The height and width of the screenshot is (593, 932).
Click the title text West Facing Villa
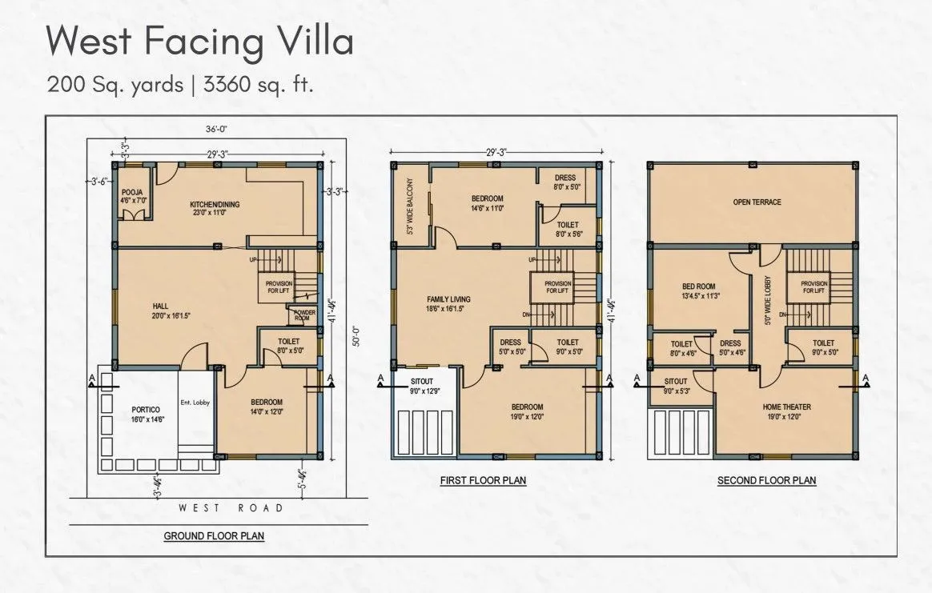(199, 40)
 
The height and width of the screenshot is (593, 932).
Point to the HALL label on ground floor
(160, 306)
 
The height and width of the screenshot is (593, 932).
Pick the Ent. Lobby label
(195, 403)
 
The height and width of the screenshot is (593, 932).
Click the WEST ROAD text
(231, 508)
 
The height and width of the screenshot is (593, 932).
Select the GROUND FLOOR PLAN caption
(214, 535)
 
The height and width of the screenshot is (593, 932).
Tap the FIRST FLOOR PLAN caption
(483, 481)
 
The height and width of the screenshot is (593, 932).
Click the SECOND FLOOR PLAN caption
(766, 481)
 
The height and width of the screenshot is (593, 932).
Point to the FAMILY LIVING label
(448, 299)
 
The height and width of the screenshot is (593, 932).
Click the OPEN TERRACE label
(756, 202)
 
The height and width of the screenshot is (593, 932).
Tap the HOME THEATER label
(786, 407)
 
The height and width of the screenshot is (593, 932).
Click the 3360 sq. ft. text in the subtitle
(258, 84)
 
